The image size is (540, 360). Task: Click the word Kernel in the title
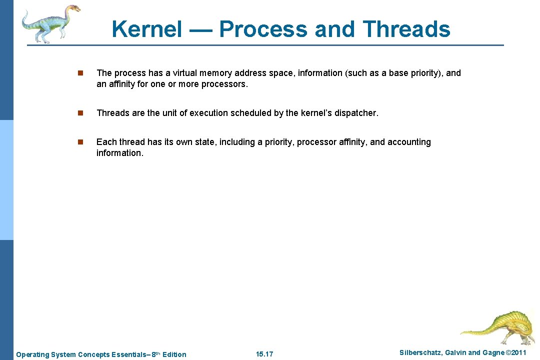pos(147,29)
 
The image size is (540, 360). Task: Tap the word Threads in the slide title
pos(407,29)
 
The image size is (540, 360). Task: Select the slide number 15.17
pos(264,354)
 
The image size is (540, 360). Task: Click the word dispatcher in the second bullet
pos(357,113)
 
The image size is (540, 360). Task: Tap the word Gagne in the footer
pos(493,353)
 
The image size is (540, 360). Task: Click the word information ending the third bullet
pos(119,153)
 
